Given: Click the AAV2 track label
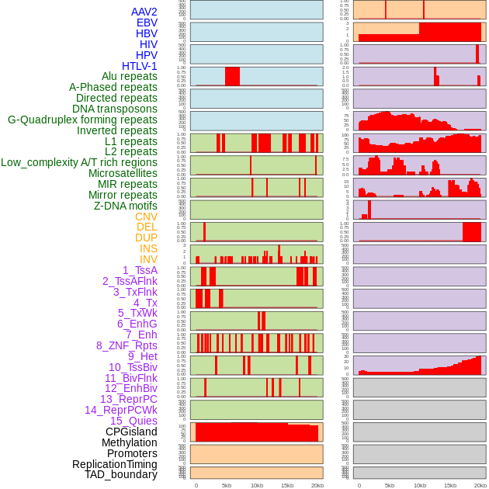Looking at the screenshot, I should click(144, 12).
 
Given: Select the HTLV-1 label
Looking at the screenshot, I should click(139, 66).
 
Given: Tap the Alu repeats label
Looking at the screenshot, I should click(129, 76).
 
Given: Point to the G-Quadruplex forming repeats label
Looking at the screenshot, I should click(82, 120).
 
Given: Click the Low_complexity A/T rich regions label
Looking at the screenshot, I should click(79, 162).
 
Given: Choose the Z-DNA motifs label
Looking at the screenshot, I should click(125, 206).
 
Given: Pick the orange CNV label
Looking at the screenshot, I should click(146, 217).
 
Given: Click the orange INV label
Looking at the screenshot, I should click(148, 259).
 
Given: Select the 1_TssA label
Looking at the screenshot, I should click(140, 270).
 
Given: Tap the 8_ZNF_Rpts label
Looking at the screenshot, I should click(127, 345).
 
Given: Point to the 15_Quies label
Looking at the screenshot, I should click(133, 421).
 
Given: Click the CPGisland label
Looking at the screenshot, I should click(131, 432).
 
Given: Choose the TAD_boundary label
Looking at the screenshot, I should click(121, 474).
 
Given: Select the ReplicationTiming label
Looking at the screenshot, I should click(115, 464).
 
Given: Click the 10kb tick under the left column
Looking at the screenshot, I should click(257, 485).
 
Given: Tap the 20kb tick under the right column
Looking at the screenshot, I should click(480, 485).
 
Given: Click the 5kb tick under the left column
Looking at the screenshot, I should click(227, 485).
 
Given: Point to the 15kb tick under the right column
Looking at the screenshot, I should click(450, 485).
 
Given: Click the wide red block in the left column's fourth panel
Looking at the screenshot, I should click(232, 76).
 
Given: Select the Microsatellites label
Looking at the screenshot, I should click(123, 173).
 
